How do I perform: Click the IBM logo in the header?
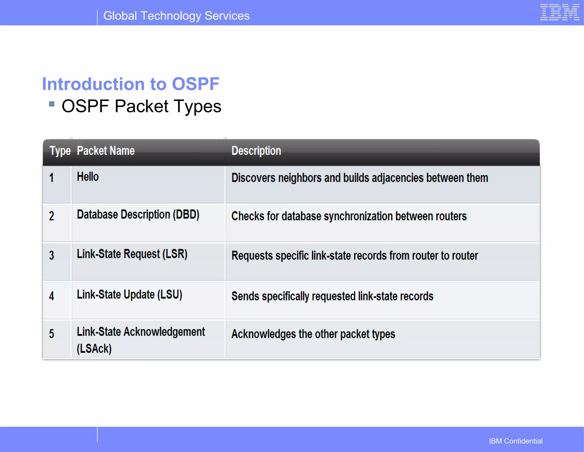(559, 13)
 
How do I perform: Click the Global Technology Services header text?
(176, 16)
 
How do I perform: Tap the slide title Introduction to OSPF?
(131, 84)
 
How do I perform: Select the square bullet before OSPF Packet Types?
(52, 104)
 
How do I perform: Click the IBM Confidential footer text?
(516, 441)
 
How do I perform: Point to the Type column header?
(60, 151)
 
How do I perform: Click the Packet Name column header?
(106, 151)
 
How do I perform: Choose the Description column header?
(256, 151)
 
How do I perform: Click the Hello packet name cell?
(88, 177)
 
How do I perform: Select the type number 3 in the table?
(52, 255)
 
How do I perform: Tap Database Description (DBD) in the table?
(138, 215)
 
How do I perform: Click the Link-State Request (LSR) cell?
(132, 254)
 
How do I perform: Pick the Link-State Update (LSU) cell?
(129, 294)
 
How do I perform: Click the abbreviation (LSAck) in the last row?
(94, 349)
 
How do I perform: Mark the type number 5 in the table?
(52, 334)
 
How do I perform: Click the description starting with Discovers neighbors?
(360, 178)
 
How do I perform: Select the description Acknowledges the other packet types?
(313, 334)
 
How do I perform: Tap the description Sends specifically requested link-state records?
(332, 296)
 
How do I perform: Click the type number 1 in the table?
(52, 178)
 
